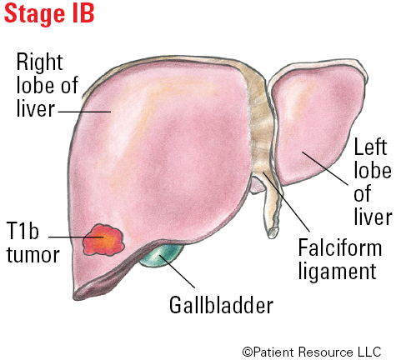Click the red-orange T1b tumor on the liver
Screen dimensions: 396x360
click(103, 240)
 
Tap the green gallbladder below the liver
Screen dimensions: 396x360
click(160, 255)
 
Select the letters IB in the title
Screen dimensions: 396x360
click(83, 13)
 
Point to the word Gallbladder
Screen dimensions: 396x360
click(221, 305)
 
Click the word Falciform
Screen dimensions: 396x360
click(340, 247)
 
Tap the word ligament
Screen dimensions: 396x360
click(338, 271)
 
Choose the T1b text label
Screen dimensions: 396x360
click(23, 231)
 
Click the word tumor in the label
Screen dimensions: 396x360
click(33, 255)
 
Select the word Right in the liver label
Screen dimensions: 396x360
click(40, 63)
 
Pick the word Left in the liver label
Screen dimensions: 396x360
click(370, 147)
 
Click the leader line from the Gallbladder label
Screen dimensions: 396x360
click(177, 272)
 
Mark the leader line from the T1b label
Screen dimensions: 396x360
click(76, 237)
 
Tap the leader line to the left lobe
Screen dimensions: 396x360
click(325, 168)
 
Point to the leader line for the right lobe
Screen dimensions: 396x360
click(84, 112)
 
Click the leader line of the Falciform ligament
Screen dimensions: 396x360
click(286, 202)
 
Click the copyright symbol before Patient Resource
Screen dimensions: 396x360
click(248, 352)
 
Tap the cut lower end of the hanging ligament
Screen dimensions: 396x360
click(273, 232)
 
